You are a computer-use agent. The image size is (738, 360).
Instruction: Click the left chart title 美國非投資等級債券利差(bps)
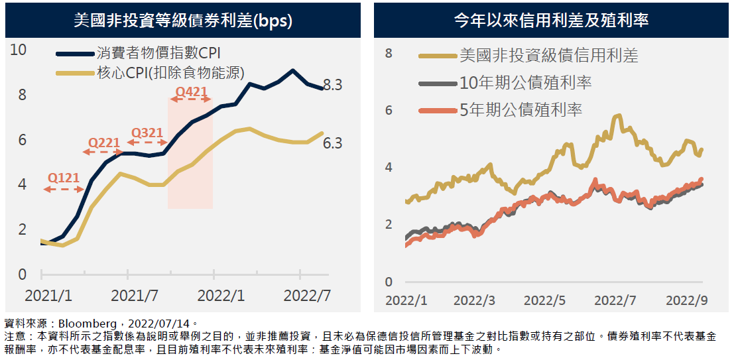pos(183,20)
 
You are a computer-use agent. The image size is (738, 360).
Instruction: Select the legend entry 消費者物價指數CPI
pos(158,54)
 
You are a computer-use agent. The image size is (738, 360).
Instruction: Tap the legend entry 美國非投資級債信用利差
pos(548,56)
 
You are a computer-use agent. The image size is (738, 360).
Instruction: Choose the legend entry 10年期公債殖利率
pos(525,83)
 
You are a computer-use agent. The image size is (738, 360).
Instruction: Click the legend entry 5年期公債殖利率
pos(521,109)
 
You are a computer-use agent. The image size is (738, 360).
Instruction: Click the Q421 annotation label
pos(190,91)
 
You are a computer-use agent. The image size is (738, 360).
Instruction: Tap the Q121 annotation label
pos(64,178)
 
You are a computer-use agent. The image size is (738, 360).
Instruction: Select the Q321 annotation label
pos(147,133)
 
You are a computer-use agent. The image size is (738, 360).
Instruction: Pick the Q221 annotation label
pos(104,143)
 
